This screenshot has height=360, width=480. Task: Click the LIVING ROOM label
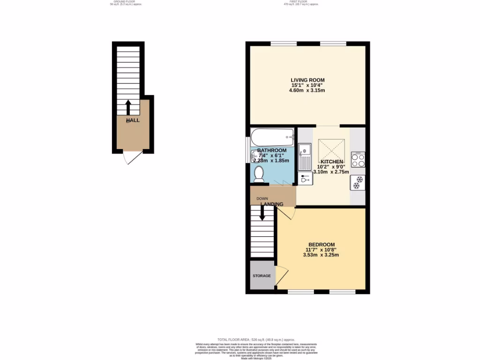click(307, 80)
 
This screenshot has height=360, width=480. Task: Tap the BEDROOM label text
click(322, 245)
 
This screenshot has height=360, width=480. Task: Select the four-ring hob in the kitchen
click(358, 160)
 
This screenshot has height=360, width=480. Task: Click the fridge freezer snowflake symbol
click(358, 182)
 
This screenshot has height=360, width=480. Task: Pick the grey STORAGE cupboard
click(262, 276)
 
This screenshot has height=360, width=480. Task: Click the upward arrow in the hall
click(128, 107)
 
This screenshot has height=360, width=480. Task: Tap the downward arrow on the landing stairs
click(262, 213)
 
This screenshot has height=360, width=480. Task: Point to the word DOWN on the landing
click(262, 199)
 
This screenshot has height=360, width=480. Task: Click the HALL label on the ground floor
click(133, 120)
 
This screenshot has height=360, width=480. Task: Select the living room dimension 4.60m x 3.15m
click(307, 90)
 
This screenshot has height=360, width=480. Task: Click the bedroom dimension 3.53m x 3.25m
click(322, 255)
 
